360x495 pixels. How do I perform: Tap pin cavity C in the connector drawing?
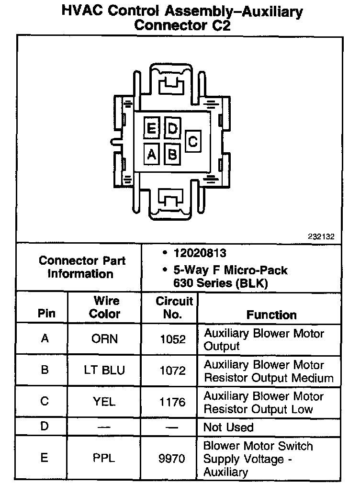click(193, 142)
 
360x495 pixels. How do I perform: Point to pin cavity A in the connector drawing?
click(151, 154)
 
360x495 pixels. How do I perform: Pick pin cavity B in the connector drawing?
click(172, 154)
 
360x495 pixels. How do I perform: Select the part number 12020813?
click(200, 253)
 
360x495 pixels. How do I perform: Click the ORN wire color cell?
click(104, 339)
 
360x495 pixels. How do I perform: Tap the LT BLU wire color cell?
click(104, 371)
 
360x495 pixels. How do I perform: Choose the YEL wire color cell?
click(104, 402)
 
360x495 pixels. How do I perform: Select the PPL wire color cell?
click(104, 458)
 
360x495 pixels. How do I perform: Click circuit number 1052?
click(172, 339)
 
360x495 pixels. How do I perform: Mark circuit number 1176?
click(172, 402)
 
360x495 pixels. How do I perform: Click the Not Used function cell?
click(228, 427)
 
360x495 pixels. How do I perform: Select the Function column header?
click(271, 315)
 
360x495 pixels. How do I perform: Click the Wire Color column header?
click(105, 307)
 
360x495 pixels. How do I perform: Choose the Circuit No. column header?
click(174, 307)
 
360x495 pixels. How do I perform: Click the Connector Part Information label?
click(81, 268)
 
